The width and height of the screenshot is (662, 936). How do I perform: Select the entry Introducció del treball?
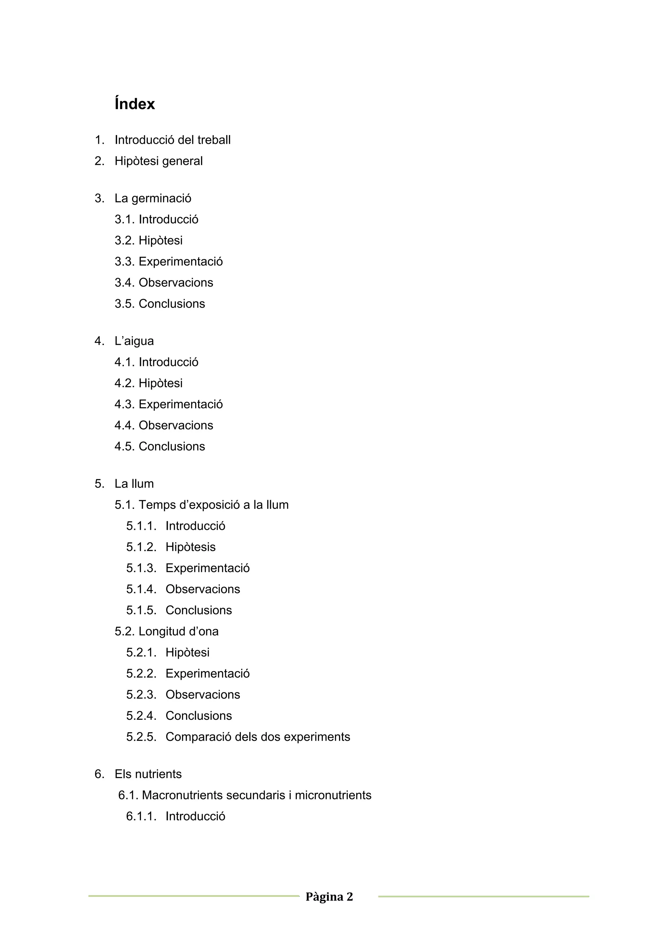[x=173, y=140]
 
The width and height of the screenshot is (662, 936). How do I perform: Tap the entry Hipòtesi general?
[x=158, y=161]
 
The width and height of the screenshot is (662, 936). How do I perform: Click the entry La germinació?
[x=153, y=198]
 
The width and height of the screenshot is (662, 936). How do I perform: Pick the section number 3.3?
[x=124, y=261]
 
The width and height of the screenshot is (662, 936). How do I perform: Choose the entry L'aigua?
[x=134, y=341]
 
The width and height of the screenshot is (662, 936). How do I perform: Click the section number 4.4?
[x=124, y=425]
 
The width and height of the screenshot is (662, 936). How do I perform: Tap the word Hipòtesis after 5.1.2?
[x=190, y=547]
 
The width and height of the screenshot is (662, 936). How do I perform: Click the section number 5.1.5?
[x=141, y=610]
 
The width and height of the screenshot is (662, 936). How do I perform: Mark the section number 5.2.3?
[x=141, y=694]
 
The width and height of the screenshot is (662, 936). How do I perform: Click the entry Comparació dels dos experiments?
[x=258, y=737]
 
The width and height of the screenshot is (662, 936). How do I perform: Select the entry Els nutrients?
[x=148, y=774]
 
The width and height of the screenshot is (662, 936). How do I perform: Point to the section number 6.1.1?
[x=141, y=816]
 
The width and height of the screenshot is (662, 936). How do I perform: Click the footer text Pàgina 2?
[x=329, y=897]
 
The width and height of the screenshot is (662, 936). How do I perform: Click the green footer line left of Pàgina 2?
[x=194, y=896]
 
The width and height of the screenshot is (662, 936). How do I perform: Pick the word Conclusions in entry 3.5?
[x=172, y=304]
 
